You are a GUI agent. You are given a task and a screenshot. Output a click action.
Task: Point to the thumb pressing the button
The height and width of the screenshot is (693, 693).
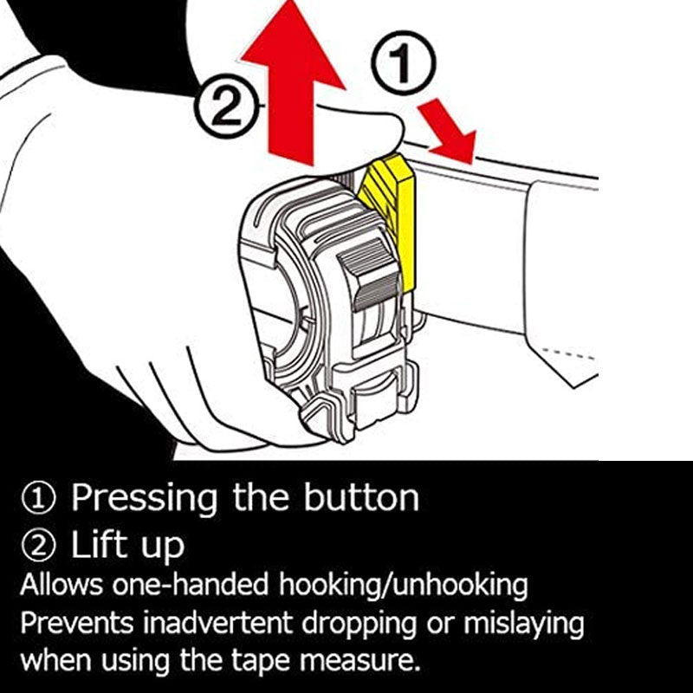364,130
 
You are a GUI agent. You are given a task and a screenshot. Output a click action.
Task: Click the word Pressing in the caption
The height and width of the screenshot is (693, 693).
145,498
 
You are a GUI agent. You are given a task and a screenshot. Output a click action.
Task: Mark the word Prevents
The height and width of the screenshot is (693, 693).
79,624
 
